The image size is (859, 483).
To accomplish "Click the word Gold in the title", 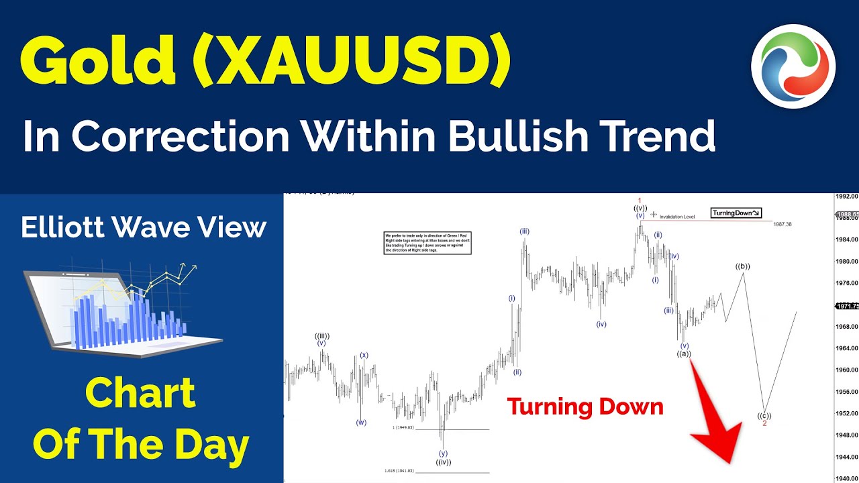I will pos(99,62).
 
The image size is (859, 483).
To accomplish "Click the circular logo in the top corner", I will pos(793,66).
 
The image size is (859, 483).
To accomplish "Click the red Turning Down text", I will pos(585,407).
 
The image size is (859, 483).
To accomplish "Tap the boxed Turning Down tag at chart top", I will pos(736,213).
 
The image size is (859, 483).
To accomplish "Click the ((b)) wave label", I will pos(742,266).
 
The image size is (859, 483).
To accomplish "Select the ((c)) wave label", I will pos(764,415).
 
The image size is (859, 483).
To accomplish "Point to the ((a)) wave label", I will pos(684,354).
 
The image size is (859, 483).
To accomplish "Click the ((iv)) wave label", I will pos(443,462).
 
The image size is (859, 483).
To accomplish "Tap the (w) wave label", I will pos(361,423).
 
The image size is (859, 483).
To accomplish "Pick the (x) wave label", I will pos(364,355).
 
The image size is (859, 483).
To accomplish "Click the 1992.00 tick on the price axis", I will pos(846,197).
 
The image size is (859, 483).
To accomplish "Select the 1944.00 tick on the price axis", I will pos(846,456).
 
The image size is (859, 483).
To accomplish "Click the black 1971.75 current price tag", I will pos(847,306).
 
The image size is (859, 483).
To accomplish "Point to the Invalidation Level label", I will pos(676,217).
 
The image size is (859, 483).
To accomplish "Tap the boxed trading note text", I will pos(427,242).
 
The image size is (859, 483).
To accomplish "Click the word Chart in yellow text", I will pos(140,394).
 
